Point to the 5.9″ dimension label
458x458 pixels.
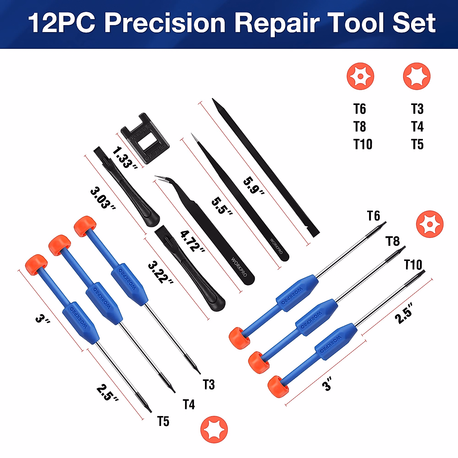coord(254,186)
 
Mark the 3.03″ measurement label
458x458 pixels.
coord(103,198)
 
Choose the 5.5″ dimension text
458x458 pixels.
coord(222,206)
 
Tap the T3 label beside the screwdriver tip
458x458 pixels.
coord(209,384)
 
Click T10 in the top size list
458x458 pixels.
coord(363,145)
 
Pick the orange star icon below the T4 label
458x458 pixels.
coord(214,429)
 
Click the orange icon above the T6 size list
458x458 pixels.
coord(360,76)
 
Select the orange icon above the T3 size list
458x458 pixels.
coord(417,76)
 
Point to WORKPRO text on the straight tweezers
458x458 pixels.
coord(276,246)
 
